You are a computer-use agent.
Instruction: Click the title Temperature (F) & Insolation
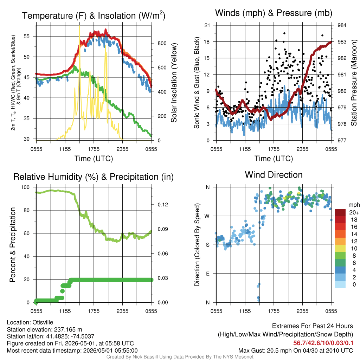[94, 15]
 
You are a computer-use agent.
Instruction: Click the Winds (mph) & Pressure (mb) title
[274, 13]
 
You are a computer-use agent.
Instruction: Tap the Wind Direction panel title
[274, 175]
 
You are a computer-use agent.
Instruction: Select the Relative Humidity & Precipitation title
[94, 177]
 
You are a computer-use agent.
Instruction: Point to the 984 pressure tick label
[342, 25]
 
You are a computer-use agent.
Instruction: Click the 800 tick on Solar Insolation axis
[162, 43]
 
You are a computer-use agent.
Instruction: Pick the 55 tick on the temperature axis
[27, 36]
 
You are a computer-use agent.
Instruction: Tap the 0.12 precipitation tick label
[163, 205]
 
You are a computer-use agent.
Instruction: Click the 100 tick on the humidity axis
[25, 187]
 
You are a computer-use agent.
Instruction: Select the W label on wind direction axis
[207, 216]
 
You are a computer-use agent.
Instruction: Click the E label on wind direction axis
[207, 274]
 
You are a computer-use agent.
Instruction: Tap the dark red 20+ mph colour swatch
[340, 212]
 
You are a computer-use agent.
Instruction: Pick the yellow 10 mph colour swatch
[340, 249]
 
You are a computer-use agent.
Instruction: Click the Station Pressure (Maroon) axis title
[354, 83]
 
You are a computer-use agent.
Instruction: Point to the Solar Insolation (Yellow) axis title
[174, 83]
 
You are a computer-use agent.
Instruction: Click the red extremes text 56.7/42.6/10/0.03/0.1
[323, 343]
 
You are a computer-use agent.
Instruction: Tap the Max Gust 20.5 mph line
[296, 351]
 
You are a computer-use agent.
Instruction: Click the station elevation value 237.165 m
[68, 329]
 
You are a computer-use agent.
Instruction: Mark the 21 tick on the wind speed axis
[207, 25]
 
